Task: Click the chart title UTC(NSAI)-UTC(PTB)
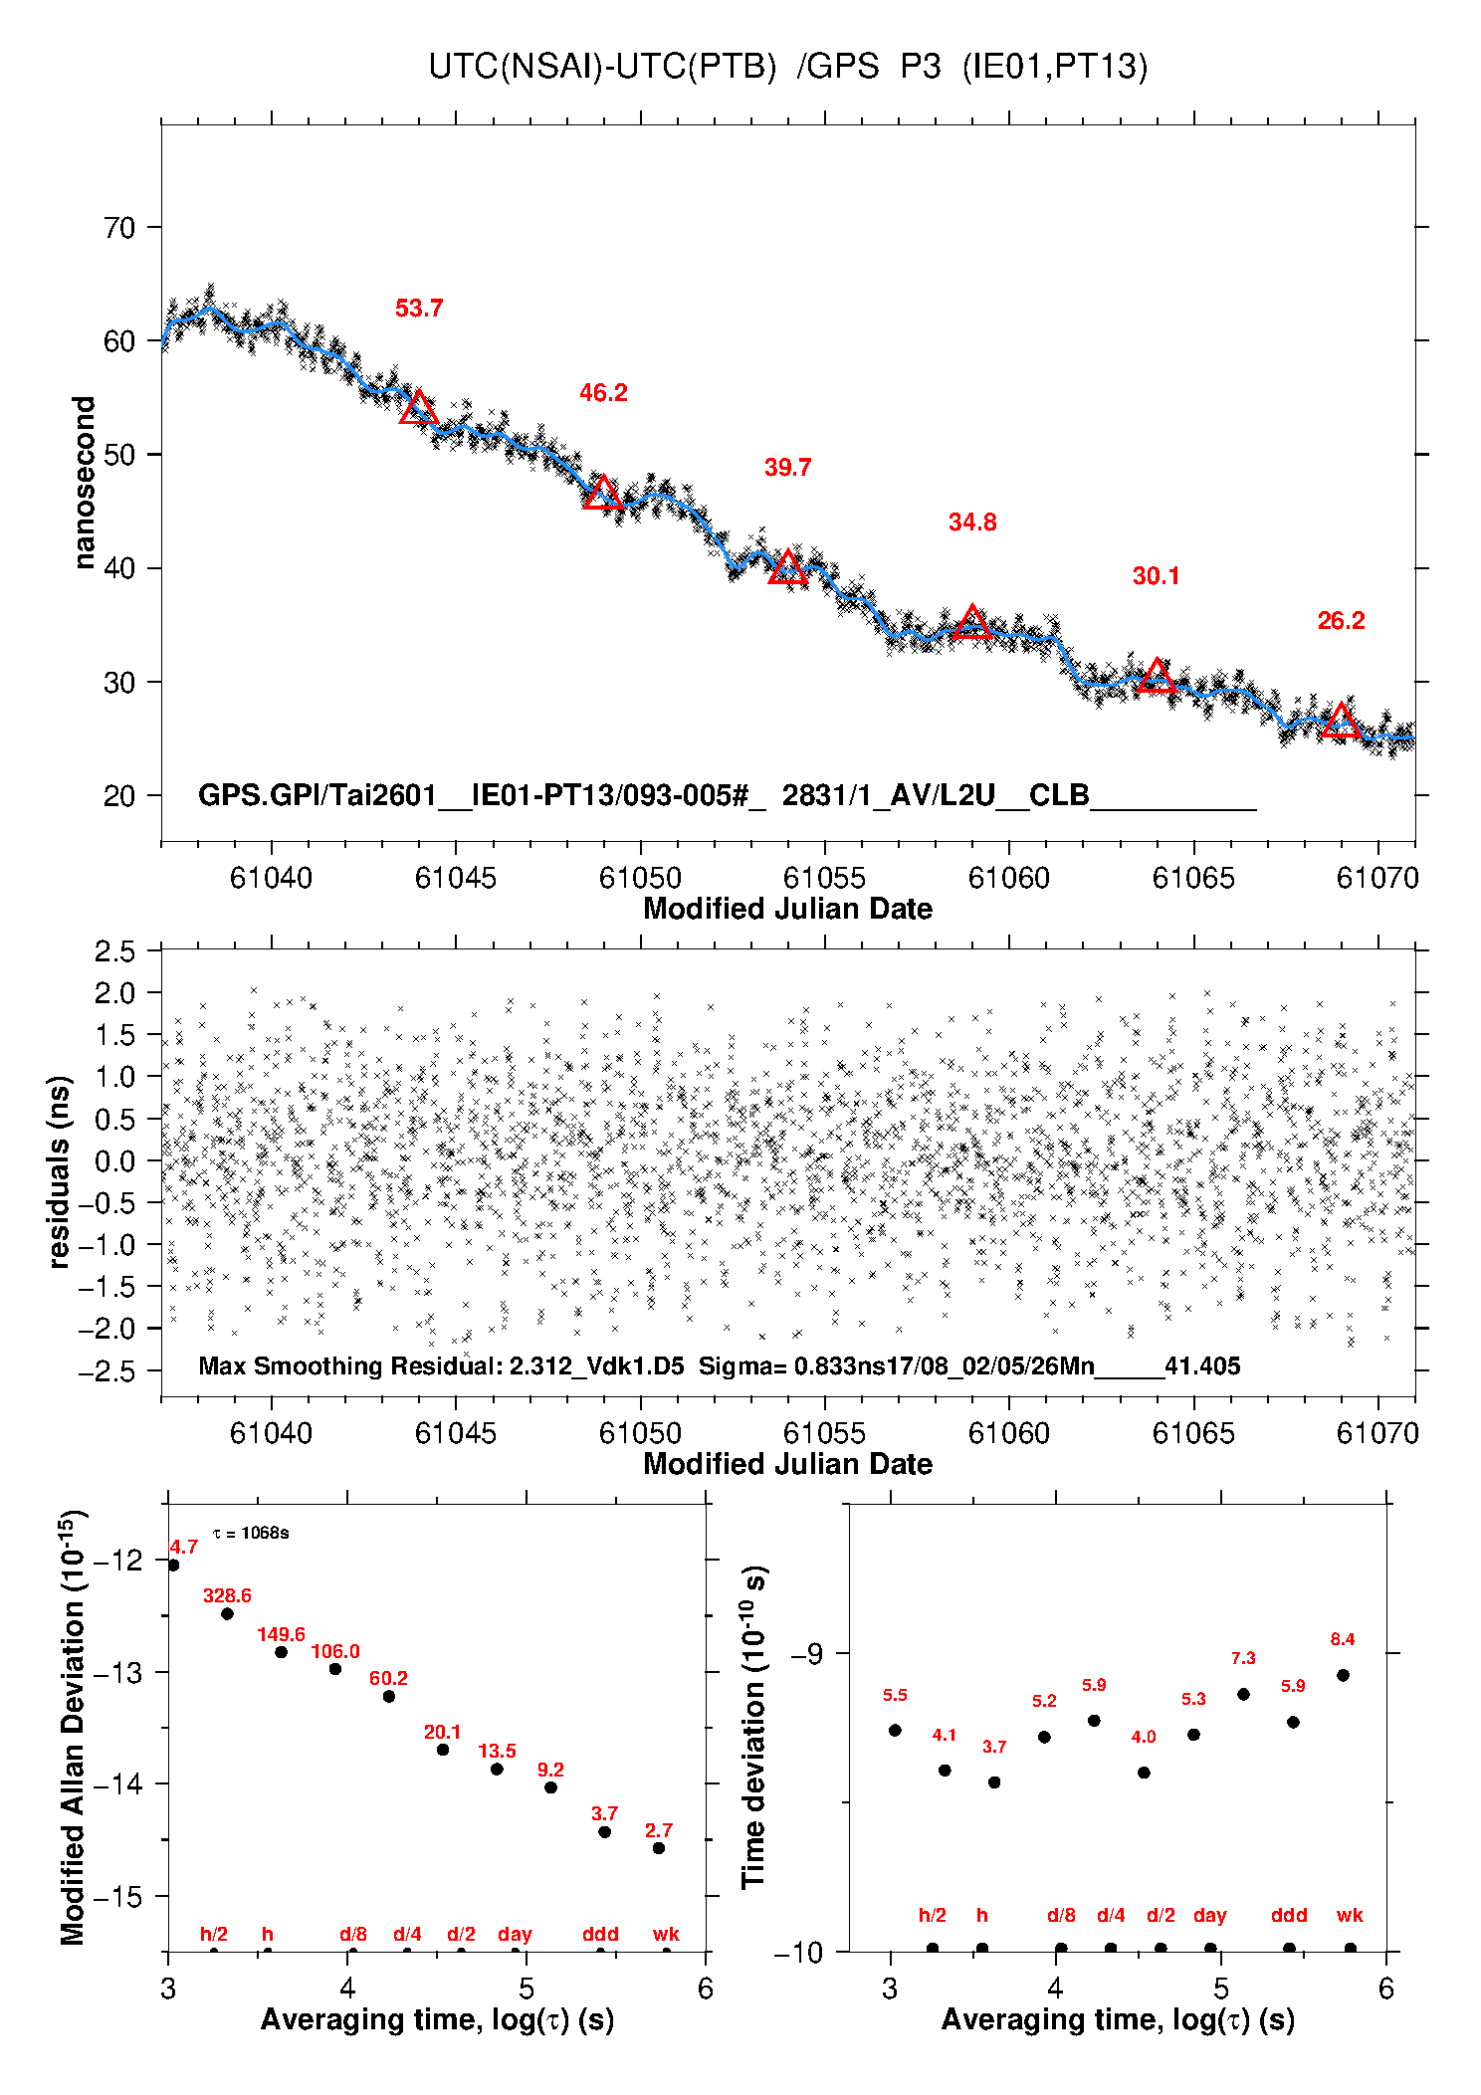click(602, 67)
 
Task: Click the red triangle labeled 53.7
click(418, 408)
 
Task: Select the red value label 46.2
click(603, 393)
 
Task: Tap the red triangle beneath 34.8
click(972, 623)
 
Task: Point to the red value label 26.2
click(1341, 621)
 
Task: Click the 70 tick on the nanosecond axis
click(119, 228)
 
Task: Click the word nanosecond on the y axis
click(85, 483)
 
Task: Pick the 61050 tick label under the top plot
click(640, 878)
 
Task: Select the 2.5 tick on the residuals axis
click(115, 951)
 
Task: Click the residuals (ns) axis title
click(60, 1171)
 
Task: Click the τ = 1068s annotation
click(251, 1533)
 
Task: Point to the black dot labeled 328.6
click(227, 1613)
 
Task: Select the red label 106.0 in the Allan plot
click(335, 1651)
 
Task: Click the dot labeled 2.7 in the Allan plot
click(659, 1848)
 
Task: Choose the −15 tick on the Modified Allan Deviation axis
click(117, 1896)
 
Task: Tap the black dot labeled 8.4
click(1343, 1675)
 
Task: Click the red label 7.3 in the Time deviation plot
click(1243, 1658)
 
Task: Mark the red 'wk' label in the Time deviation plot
click(1350, 1915)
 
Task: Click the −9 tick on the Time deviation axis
click(807, 1653)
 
